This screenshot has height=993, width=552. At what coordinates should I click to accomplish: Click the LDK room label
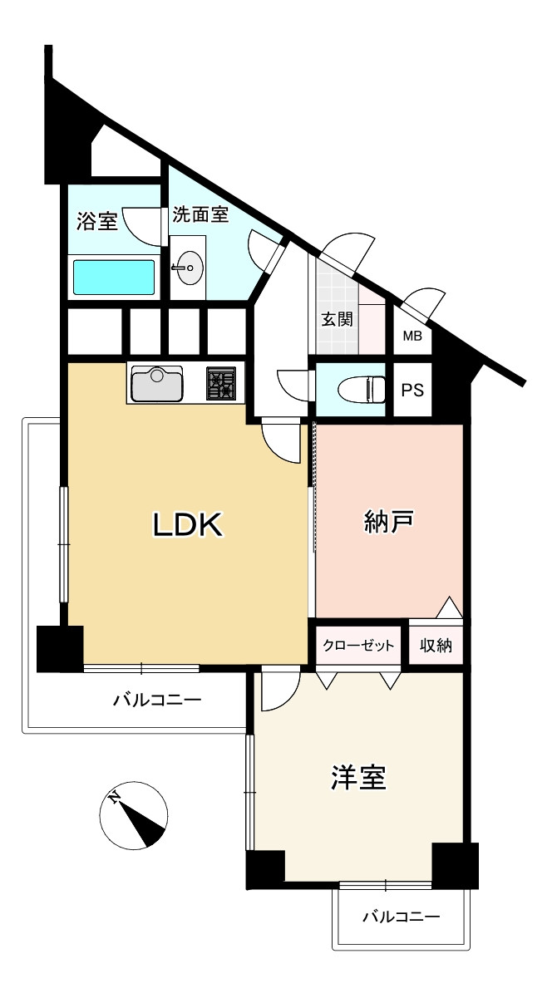tap(187, 524)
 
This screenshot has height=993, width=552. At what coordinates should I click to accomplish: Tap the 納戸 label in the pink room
tap(389, 522)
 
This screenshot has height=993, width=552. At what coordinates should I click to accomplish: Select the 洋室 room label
tap(358, 778)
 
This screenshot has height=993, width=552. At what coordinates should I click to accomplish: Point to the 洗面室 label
tap(200, 214)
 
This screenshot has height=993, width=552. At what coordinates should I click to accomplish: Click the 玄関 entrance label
tap(338, 318)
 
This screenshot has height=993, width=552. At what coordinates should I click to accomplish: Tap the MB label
tap(412, 337)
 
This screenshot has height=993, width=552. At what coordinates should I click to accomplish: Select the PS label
tap(412, 390)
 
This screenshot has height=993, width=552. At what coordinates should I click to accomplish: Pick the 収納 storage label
tap(435, 646)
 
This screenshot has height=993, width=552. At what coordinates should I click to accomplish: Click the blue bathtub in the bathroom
tap(114, 278)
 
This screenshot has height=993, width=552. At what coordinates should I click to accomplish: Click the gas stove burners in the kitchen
tap(221, 384)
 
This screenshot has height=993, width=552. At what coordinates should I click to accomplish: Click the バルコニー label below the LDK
tap(157, 700)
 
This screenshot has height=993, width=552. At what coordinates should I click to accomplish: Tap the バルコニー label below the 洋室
tap(401, 917)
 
